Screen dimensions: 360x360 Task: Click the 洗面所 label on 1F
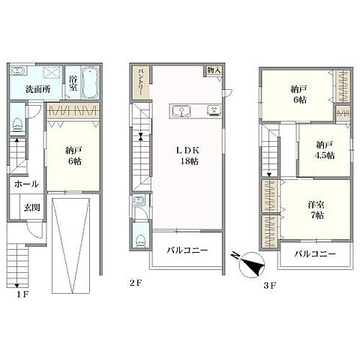click(38, 89)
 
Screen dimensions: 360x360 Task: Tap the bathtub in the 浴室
click(90, 82)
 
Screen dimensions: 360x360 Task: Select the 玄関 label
click(32, 207)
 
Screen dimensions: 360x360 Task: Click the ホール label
click(26, 184)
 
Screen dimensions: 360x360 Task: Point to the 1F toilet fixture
click(17, 125)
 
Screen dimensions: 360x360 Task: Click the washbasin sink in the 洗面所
click(17, 70)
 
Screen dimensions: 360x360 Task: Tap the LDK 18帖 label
click(188, 155)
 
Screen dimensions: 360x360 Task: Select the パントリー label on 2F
click(141, 82)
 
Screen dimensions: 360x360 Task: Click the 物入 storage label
click(214, 70)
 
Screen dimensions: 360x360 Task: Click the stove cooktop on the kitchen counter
click(214, 110)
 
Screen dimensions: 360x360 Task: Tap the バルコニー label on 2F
click(187, 250)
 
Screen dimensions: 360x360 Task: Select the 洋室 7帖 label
click(316, 210)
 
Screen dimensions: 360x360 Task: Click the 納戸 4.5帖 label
click(324, 150)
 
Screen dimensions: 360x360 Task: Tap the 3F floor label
click(270, 285)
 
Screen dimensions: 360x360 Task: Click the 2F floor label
click(136, 283)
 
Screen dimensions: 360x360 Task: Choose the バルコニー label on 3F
click(315, 254)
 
